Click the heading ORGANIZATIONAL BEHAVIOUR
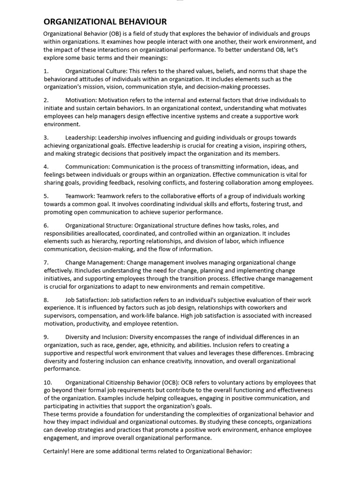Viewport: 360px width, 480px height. click(105, 22)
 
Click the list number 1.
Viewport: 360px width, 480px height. click(46, 71)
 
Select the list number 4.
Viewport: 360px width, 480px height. click(46, 167)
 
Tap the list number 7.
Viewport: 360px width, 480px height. click(46, 262)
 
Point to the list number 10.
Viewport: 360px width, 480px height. click(48, 382)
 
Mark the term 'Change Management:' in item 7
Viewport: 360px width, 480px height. click(95, 262)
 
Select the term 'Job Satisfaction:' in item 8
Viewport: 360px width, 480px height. click(87, 300)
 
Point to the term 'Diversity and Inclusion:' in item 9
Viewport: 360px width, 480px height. click(97, 337)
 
